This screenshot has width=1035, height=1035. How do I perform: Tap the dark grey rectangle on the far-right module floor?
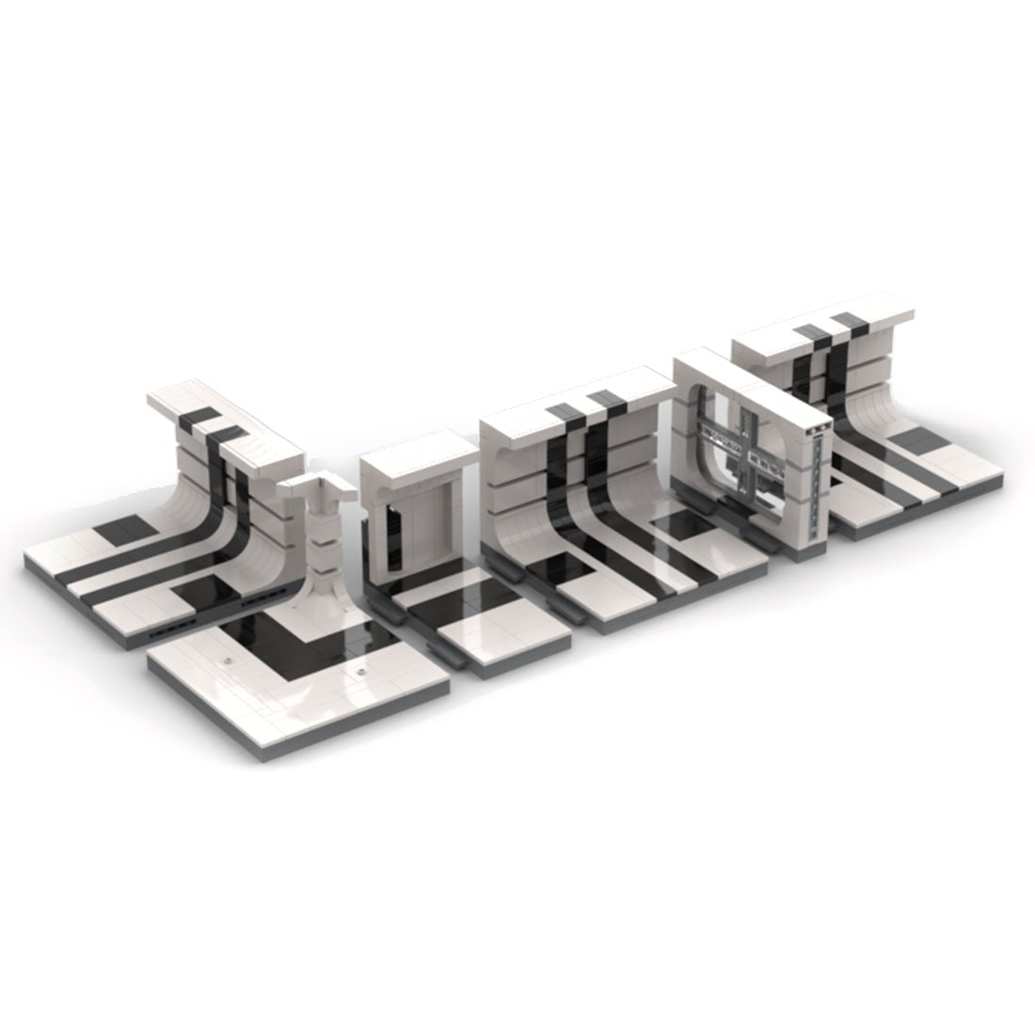pyautogui.click(x=915, y=440)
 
